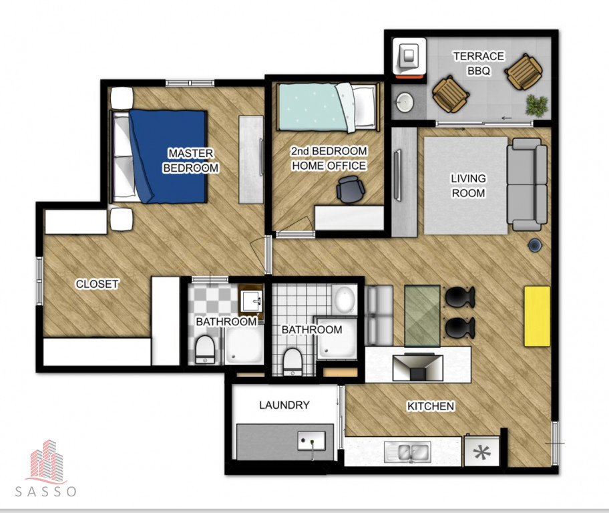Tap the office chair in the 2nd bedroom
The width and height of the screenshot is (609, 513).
351,189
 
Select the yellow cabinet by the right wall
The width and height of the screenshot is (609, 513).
537,316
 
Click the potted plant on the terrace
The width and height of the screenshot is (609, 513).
537,105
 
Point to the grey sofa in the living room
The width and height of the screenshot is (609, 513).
527,184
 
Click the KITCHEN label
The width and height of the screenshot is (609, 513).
430,406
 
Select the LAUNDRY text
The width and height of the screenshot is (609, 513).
284,405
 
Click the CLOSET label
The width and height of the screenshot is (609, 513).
97,284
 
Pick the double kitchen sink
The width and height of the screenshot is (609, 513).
408,452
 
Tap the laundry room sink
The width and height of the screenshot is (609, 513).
312,441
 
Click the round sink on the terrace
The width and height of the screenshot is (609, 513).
405,102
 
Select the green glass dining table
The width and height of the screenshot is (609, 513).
422,316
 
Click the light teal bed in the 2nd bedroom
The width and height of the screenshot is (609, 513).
328,108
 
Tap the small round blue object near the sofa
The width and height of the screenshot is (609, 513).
535,244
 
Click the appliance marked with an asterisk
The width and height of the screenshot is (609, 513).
482,452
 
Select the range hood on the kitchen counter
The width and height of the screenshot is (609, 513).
418,367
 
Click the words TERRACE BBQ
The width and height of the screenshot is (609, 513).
479,63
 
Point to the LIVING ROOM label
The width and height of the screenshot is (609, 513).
468,186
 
